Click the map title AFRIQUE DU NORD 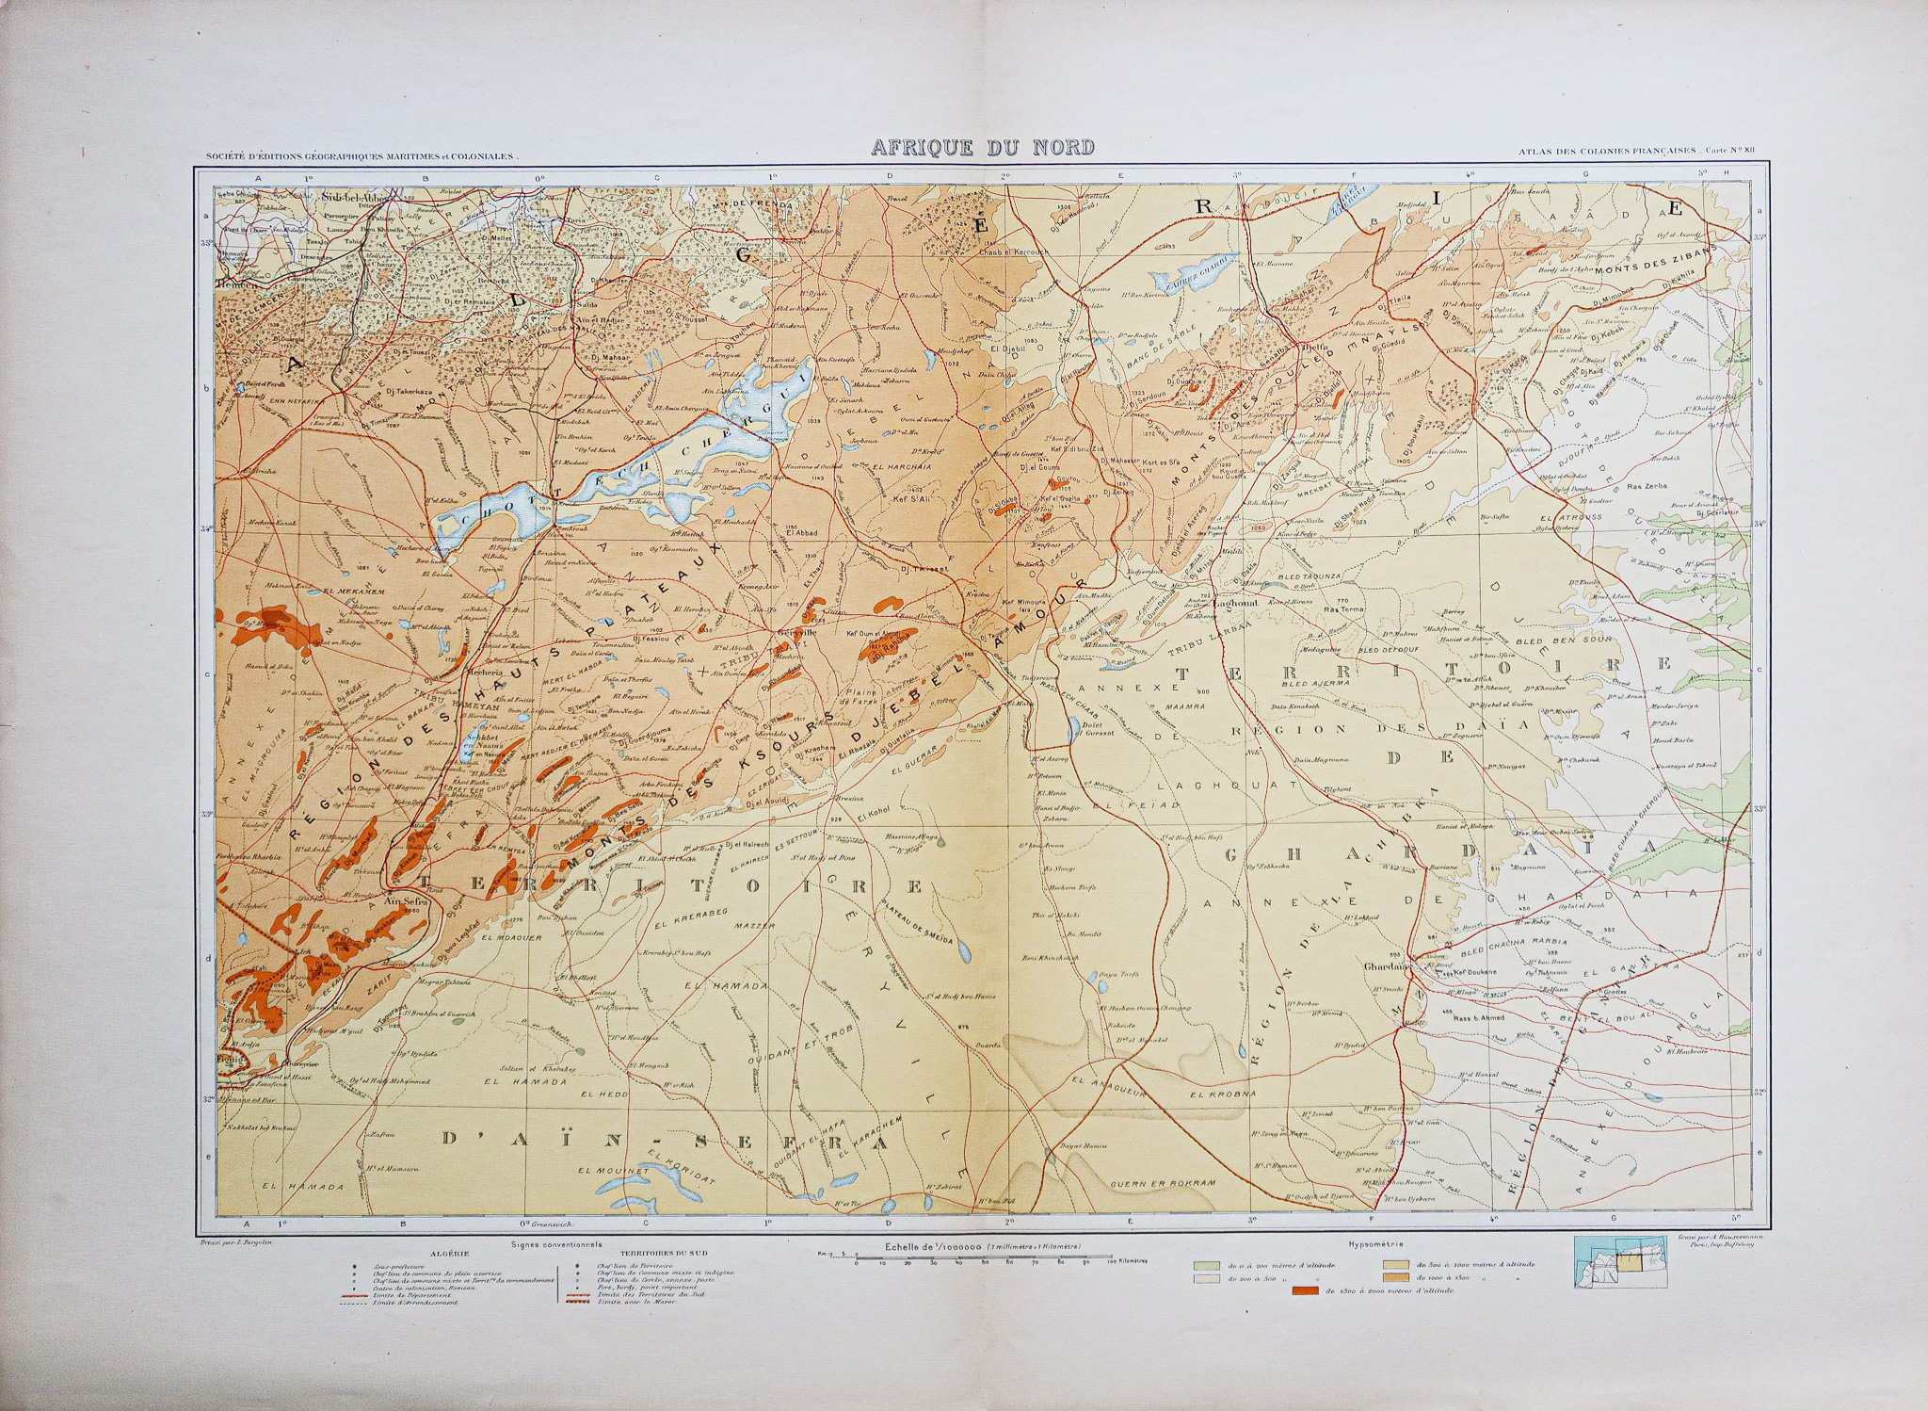(x=982, y=147)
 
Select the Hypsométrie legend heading (x=1378, y=1245)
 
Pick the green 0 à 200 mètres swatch (x=1206, y=1265)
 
